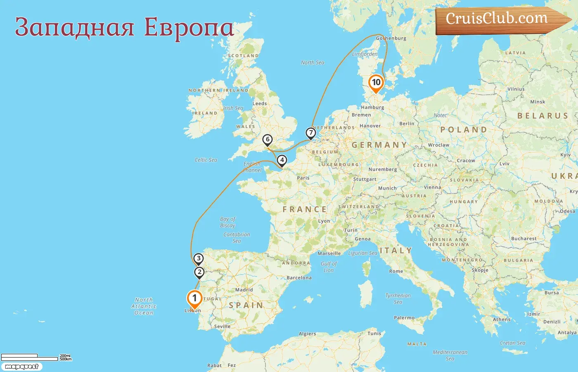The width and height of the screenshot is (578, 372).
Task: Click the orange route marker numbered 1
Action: tap(194, 298)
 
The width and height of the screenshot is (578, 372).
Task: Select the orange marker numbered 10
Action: tap(376, 82)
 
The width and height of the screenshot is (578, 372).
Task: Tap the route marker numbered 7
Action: tap(310, 133)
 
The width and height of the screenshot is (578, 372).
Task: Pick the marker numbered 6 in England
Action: tap(268, 140)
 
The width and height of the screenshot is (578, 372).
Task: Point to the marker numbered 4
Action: tap(282, 160)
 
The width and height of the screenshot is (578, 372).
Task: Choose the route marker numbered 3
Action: tap(199, 259)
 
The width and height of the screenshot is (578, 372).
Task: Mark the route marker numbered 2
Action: tap(199, 272)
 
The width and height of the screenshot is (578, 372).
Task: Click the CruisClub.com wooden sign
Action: tap(500, 19)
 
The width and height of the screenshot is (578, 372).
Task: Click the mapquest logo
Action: tap(21, 367)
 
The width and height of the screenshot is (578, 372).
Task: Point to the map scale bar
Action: tap(30, 358)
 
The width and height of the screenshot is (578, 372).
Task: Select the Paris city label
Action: tap(303, 178)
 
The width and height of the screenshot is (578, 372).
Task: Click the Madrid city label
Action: tap(244, 290)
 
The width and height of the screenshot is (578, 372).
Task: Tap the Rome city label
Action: tap(396, 271)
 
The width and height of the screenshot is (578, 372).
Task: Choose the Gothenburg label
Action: tap(391, 38)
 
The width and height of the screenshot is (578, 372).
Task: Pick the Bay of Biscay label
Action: tap(227, 222)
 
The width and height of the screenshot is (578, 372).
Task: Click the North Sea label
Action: tap(313, 63)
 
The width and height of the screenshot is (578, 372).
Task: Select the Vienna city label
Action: tap(432, 187)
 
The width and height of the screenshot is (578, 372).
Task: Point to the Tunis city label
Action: tap(374, 334)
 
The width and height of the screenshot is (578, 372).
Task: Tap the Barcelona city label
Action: tap(299, 278)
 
